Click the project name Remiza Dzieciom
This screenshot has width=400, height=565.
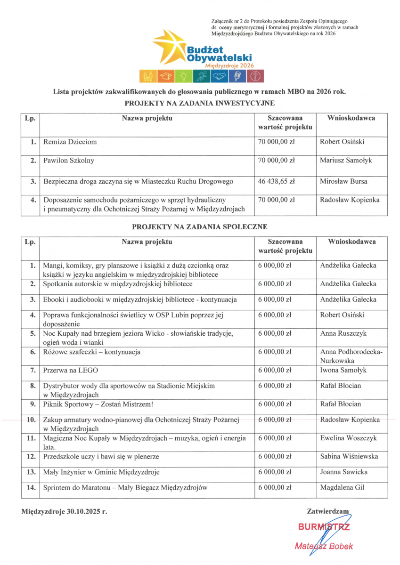coord(70,142)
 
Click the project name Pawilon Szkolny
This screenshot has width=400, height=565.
coord(69,161)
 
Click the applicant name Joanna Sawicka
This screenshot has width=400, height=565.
coord(343,472)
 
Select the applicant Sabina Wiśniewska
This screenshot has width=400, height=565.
coord(349,457)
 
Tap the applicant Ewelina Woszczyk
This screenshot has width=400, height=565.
coord(348,438)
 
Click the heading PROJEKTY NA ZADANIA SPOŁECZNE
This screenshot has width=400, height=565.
coord(200,227)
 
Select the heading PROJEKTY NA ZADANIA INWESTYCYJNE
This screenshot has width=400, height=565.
coord(200,103)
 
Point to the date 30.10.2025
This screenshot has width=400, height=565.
coord(87,510)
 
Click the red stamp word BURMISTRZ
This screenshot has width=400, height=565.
coord(324,527)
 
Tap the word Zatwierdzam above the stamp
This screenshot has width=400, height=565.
coord(328,510)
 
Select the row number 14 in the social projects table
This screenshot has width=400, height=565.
coord(31,488)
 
